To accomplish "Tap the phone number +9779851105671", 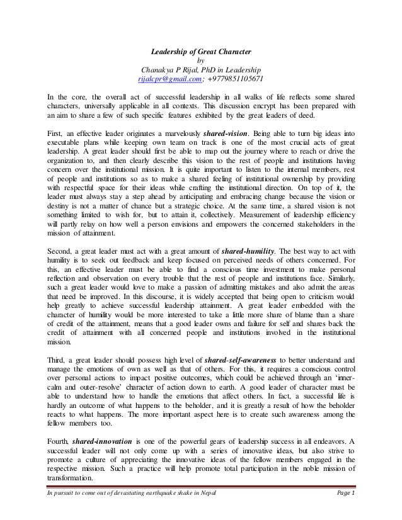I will (233, 79).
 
